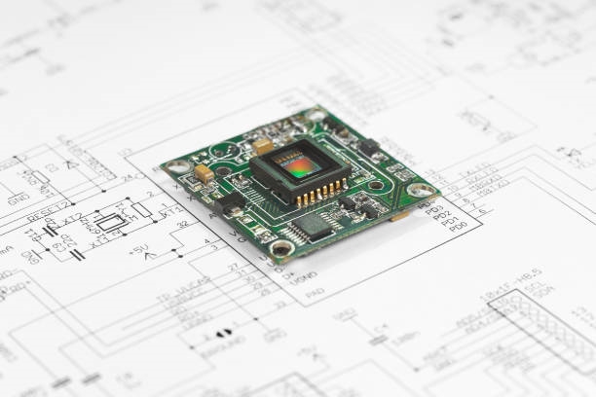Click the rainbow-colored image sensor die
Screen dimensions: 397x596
[x=299, y=166]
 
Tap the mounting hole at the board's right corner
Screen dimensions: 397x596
[x=420, y=190]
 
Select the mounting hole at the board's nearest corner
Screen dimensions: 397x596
[x=282, y=248]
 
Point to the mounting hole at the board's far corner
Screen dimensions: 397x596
[x=315, y=116]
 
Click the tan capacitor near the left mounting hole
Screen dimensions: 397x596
[x=204, y=173]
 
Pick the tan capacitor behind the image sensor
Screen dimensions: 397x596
[x=262, y=146]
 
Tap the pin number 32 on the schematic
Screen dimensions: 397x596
[x=182, y=225]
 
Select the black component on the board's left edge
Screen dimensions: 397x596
[x=231, y=203]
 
